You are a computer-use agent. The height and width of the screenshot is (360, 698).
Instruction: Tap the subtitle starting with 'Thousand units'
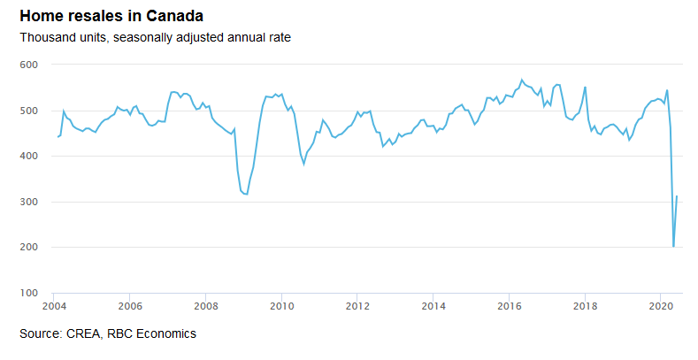[x=156, y=38]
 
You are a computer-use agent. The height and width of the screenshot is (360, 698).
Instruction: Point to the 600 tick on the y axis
[x=30, y=65]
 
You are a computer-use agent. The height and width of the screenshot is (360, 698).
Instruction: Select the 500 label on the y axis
[x=30, y=111]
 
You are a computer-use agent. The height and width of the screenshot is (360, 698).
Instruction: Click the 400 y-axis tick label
[x=30, y=157]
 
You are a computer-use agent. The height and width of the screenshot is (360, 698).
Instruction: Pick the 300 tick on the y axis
[x=30, y=203]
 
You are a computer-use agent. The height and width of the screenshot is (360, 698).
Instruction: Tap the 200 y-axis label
[x=30, y=248]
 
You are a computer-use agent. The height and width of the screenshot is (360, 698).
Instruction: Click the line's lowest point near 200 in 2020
[x=673, y=247]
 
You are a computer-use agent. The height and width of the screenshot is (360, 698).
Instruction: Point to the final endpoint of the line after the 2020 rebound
[x=677, y=196]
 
